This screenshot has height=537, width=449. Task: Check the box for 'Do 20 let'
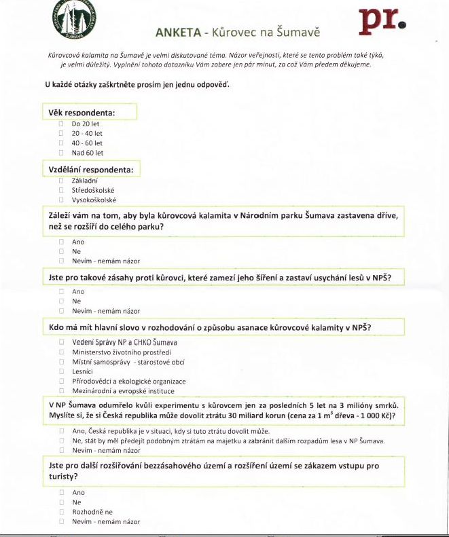[x=60, y=124]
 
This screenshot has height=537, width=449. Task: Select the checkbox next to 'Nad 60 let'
[x=60, y=153]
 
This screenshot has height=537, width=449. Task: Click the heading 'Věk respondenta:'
[x=81, y=112]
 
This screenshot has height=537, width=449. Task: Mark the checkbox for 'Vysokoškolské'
[x=60, y=200]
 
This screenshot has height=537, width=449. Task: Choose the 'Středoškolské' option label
[x=93, y=191]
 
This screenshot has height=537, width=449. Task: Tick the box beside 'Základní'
[x=60, y=181]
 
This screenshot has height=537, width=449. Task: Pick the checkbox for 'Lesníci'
[x=60, y=372]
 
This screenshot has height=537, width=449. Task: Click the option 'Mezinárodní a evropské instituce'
[x=123, y=391]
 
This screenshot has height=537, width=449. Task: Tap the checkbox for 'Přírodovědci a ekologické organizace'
[x=60, y=382]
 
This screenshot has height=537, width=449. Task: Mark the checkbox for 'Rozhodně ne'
[x=60, y=512]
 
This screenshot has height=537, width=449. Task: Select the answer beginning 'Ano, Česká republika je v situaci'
[x=170, y=431]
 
